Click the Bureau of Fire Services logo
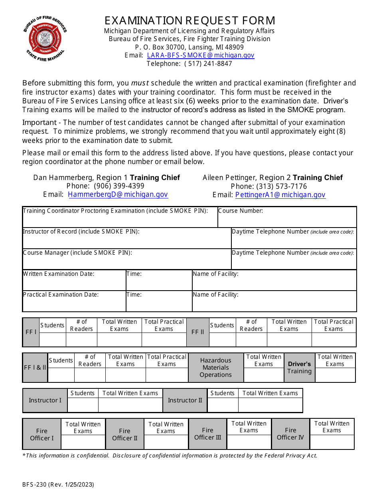point(45,38)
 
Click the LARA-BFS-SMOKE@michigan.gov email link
point(200,55)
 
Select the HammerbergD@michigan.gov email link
point(118,194)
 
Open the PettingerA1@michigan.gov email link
point(280,195)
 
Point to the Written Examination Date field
point(74,283)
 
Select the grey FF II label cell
point(197,332)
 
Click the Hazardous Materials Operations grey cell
point(215,368)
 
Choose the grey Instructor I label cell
point(45,400)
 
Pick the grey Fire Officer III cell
point(207,434)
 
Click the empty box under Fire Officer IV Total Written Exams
point(332,442)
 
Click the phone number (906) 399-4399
point(119,186)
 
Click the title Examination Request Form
point(189,20)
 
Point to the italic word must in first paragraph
point(140,83)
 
